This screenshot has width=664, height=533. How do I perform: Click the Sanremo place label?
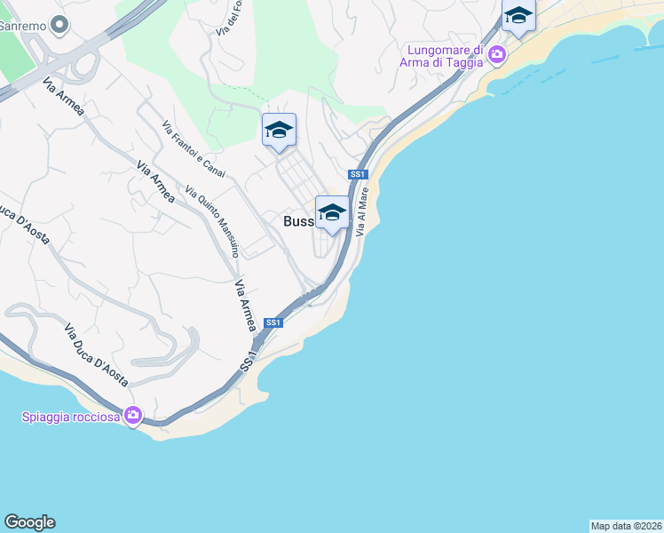(x=22, y=25)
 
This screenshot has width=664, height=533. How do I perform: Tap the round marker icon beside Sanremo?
(x=59, y=25)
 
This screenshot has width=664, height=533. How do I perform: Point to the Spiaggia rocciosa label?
(x=71, y=416)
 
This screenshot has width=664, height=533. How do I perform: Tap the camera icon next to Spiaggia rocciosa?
(x=133, y=415)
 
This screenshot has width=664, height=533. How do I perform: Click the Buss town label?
(x=298, y=221)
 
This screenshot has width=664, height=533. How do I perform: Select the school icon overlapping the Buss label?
(x=332, y=213)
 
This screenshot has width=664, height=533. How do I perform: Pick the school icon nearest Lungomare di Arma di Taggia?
(x=518, y=16)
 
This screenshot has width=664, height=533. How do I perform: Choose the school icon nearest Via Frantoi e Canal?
(x=279, y=131)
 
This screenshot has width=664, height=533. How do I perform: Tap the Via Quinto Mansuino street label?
(x=212, y=220)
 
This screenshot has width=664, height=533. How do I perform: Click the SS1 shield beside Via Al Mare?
(x=359, y=174)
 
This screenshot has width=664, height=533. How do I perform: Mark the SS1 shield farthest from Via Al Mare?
(x=273, y=322)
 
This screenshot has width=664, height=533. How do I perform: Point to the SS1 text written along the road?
(x=249, y=361)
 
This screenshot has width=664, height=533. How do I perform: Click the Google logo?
(x=29, y=522)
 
